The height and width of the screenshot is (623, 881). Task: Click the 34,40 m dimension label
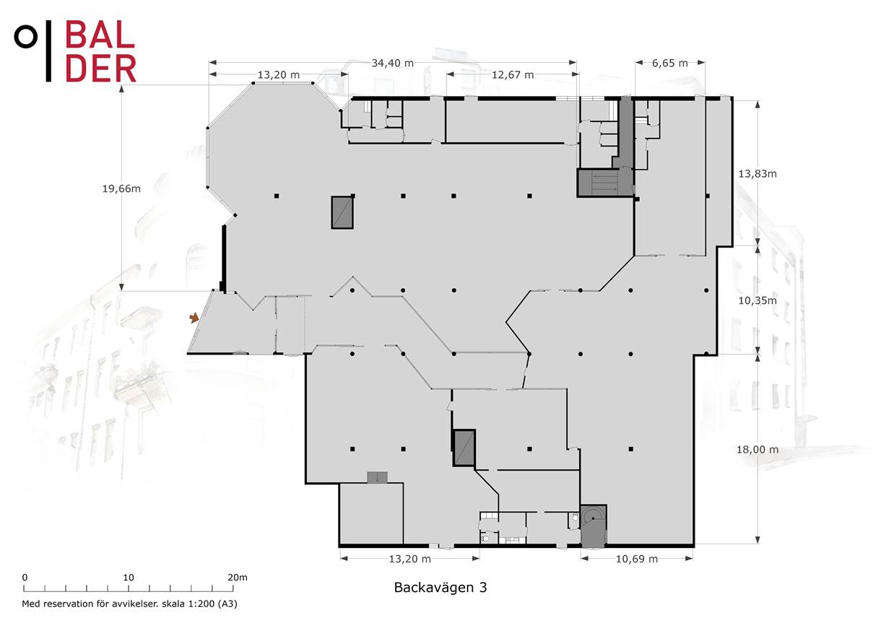(x=393, y=63)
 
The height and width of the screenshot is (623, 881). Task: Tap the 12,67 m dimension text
(x=513, y=74)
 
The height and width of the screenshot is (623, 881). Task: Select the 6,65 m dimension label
(x=670, y=63)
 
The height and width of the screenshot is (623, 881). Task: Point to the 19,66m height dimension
(x=121, y=188)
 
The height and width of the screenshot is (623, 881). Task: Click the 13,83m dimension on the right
(x=758, y=174)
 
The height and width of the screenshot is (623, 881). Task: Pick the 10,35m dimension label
(x=758, y=301)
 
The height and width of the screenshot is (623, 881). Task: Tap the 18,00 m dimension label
(x=758, y=449)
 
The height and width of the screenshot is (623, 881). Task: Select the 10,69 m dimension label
(x=637, y=559)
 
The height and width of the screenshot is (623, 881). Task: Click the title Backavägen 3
(x=440, y=588)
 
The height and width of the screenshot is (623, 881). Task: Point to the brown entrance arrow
(x=194, y=318)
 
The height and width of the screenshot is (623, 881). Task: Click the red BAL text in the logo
(x=100, y=35)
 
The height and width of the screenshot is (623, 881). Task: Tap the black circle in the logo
(x=26, y=37)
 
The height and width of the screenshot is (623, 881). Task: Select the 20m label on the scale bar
(x=238, y=578)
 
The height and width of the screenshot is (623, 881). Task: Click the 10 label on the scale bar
(x=129, y=578)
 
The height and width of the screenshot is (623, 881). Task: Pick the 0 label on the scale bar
(x=25, y=578)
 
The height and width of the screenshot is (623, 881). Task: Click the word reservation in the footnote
(x=69, y=604)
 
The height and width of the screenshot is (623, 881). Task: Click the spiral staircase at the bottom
(x=594, y=526)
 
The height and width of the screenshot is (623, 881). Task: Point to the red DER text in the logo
(x=101, y=68)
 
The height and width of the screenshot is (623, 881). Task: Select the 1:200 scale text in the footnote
(x=201, y=604)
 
